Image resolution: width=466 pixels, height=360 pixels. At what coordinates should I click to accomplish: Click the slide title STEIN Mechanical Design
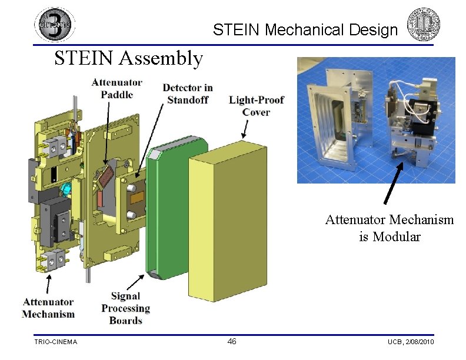coord(305,29)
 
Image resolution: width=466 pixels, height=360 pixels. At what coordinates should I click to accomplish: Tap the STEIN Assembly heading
coord(129,58)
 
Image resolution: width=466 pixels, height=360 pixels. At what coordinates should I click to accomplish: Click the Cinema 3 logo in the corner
coord(55,24)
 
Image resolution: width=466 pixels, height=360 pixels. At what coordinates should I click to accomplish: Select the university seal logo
coord(423,24)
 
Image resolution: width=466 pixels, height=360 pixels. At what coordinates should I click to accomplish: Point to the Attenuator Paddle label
coord(117,88)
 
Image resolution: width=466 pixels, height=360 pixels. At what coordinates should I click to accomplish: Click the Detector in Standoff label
coord(188,94)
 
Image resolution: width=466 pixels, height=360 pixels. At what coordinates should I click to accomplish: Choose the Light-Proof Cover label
coord(256,106)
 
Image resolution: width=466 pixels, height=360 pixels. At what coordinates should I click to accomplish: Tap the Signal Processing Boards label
coord(126,308)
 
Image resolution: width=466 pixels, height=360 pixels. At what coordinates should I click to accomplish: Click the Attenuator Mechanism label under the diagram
coord(48,308)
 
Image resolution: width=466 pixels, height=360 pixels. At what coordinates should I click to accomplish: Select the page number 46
coord(232,341)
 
